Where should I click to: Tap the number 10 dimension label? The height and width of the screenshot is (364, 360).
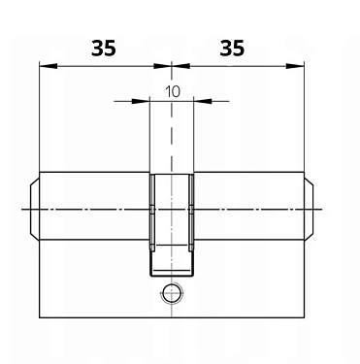tap(172, 90)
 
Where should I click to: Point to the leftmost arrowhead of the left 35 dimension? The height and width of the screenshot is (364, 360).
tap(43, 66)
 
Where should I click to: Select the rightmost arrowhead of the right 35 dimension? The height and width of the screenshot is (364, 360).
tap(300, 66)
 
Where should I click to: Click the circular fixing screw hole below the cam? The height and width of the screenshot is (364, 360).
tap(172, 292)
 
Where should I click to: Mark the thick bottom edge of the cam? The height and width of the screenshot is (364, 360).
tap(172, 273)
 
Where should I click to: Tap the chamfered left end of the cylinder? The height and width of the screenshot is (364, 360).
tap(34, 209)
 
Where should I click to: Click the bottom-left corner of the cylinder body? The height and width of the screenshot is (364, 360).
tap(39, 316)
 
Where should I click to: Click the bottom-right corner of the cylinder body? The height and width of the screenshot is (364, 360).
tap(305, 316)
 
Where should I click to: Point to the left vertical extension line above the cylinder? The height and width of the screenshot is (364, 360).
tap(39, 116)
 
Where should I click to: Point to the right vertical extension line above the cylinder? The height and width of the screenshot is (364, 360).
tap(305, 116)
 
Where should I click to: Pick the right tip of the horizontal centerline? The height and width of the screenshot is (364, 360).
tap(323, 210)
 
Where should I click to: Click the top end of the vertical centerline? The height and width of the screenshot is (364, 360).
tap(172, 58)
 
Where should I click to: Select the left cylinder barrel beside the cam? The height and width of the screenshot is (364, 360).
tap(92, 209)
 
